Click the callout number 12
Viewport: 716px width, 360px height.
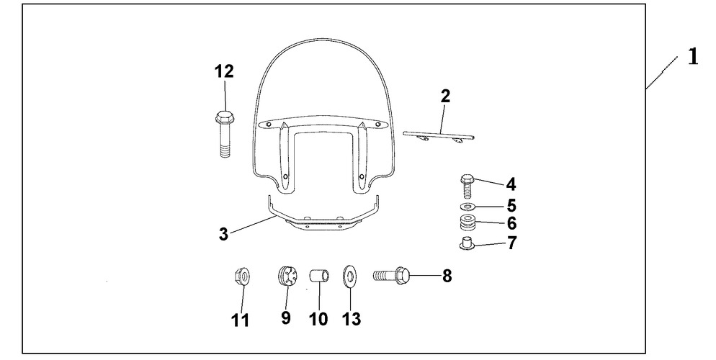point(224,71)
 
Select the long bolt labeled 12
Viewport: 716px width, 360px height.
point(223,134)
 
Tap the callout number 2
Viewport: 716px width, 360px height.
point(446,96)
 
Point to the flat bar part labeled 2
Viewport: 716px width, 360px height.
point(439,135)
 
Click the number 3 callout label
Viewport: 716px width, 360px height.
point(223,235)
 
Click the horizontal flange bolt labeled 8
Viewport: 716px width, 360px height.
point(392,276)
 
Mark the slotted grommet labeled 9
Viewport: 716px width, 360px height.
point(287,276)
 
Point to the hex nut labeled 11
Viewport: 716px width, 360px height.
point(241,276)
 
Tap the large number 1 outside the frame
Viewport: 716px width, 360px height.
point(693,57)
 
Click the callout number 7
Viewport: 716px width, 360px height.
point(511,243)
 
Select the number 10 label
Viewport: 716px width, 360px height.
point(318,319)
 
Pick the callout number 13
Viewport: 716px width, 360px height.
point(351,319)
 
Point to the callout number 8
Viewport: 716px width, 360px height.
point(447,276)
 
